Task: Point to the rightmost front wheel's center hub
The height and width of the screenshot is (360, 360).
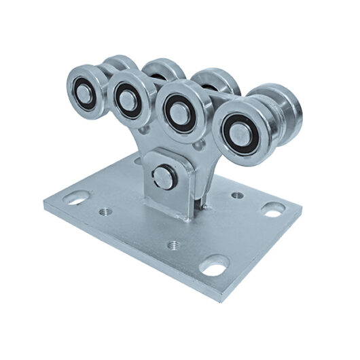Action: (x=236, y=129)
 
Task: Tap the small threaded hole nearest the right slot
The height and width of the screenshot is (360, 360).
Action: (x=236, y=196)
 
